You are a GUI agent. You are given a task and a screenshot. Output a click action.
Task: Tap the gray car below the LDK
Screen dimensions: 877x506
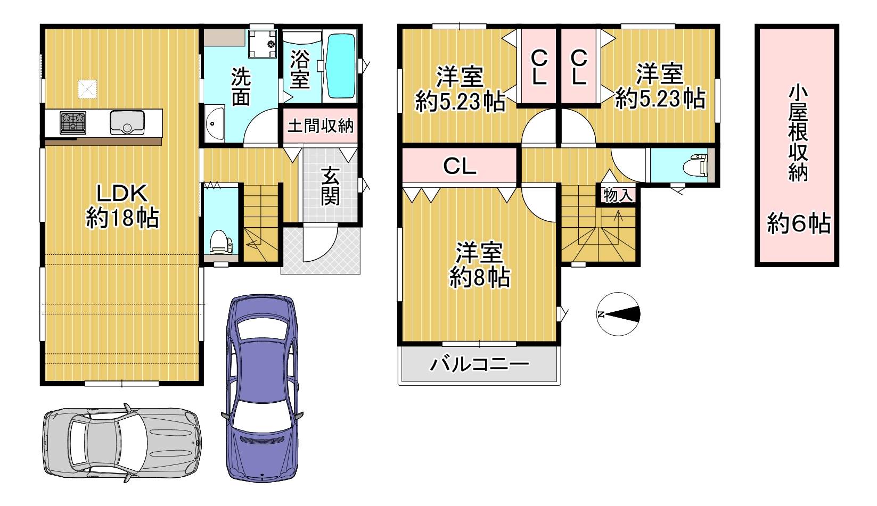coord(122,443)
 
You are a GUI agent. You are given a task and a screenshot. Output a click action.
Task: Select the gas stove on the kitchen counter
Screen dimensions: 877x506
coord(73,122)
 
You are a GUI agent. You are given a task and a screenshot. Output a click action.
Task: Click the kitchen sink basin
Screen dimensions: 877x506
coord(127,122)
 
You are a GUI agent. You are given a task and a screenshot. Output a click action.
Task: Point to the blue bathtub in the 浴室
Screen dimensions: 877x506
coord(341,66)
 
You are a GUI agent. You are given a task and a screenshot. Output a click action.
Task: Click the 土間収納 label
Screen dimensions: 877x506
coord(320,126)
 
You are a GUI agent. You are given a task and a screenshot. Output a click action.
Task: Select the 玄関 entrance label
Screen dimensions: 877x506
coord(330,186)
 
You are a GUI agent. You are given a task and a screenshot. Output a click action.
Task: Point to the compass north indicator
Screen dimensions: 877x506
coord(618,314)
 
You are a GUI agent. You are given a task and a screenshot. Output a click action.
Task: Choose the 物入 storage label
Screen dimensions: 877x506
coord(618,195)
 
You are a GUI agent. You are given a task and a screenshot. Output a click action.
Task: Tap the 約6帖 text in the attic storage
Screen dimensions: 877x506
coord(799,223)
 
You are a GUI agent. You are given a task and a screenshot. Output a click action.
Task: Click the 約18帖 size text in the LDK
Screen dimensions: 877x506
coord(122,218)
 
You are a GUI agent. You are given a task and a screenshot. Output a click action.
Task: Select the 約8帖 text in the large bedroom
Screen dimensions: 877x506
coord(479,277)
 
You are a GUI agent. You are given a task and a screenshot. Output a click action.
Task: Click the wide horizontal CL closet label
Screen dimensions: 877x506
coord(460,167)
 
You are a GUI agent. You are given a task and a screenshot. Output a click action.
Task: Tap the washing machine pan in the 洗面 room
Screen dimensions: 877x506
coord(263,44)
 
